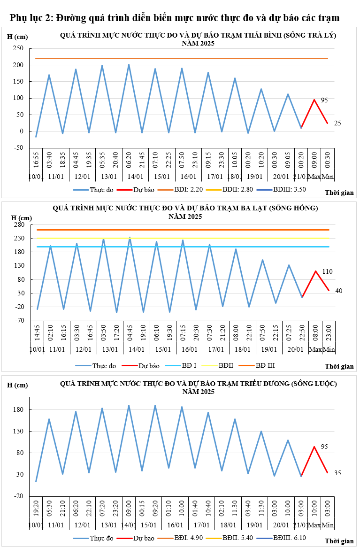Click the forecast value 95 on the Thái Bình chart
click(324, 100)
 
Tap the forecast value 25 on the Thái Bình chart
click(337, 123)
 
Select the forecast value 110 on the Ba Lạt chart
click(328, 271)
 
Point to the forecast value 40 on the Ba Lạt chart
click(339, 291)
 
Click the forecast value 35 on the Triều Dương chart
click(337, 473)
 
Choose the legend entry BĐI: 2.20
click(188, 190)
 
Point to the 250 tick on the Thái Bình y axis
click(18, 48)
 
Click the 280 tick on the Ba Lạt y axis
click(18, 225)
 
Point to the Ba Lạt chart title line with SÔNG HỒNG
click(185, 208)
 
